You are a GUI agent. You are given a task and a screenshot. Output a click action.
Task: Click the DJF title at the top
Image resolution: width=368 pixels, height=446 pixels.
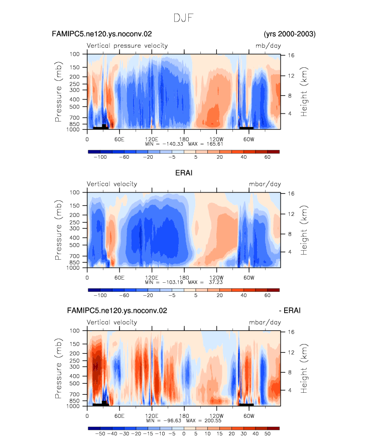tap(183, 18)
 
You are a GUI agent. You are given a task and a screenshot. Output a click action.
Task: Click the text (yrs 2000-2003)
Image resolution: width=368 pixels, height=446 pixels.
tap(290, 34)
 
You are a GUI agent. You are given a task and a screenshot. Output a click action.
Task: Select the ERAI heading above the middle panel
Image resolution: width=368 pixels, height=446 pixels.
tap(184, 173)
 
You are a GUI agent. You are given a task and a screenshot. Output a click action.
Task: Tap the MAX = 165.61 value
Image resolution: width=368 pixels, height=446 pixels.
tap(205, 144)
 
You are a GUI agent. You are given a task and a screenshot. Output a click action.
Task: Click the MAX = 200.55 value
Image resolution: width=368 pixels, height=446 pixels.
tap(204, 420)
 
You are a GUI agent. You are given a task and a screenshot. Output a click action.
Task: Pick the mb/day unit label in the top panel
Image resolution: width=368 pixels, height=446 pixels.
tap(268, 46)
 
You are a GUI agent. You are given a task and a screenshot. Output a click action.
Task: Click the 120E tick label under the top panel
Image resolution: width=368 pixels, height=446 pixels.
tap(152, 140)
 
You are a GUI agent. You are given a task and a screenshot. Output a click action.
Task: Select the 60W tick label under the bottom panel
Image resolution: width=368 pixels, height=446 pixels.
tap(249, 416)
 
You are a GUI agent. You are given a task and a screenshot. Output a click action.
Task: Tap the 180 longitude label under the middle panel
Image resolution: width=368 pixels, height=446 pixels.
tap(184, 278)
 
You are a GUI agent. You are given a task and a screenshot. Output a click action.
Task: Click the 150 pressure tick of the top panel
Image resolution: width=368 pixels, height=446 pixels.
tap(74, 67)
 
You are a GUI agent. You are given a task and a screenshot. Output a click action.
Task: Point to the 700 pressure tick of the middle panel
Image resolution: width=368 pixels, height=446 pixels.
tap(74, 256)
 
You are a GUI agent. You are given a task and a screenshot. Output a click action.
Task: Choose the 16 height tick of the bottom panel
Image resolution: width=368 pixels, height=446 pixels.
tap(291, 332)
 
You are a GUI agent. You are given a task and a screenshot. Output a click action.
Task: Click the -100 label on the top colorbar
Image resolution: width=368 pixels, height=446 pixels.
tap(100, 157)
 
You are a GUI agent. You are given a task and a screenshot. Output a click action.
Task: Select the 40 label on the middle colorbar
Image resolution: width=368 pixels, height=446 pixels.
tap(243, 295)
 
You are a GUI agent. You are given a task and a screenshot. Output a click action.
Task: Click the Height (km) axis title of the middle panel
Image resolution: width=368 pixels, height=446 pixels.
tap(304, 230)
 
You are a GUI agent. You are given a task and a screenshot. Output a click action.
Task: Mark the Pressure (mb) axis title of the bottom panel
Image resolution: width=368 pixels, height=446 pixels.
tap(58, 368)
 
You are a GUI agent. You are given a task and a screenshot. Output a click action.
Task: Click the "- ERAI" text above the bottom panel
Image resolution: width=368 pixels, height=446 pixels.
tap(290, 310)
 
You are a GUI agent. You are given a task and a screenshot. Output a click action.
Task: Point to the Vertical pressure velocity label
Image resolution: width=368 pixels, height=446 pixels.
tap(127, 46)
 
